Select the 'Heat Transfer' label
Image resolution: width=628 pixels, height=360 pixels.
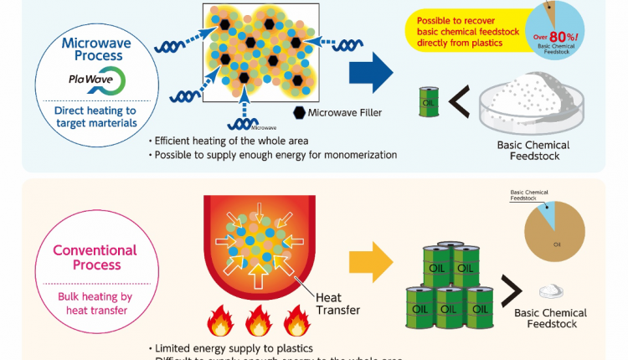[337, 303]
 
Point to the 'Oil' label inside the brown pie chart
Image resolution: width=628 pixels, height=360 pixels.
[556, 244]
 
